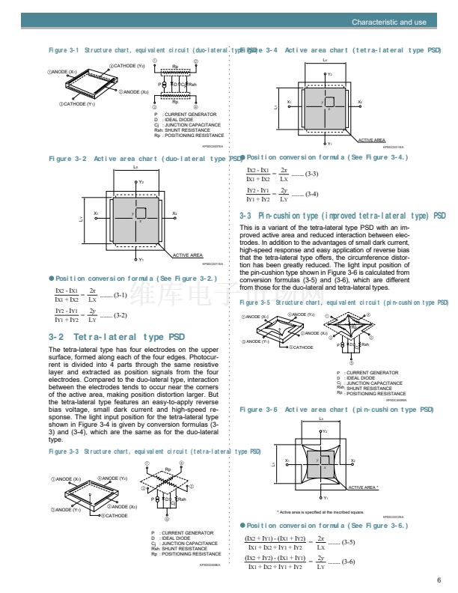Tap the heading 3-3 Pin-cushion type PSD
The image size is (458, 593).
pos(341,216)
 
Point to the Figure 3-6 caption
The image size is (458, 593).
pos(336,410)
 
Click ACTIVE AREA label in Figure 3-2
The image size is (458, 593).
pos(188,255)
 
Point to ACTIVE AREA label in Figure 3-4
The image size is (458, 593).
pos(372,140)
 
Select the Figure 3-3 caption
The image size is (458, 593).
pos(154,451)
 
